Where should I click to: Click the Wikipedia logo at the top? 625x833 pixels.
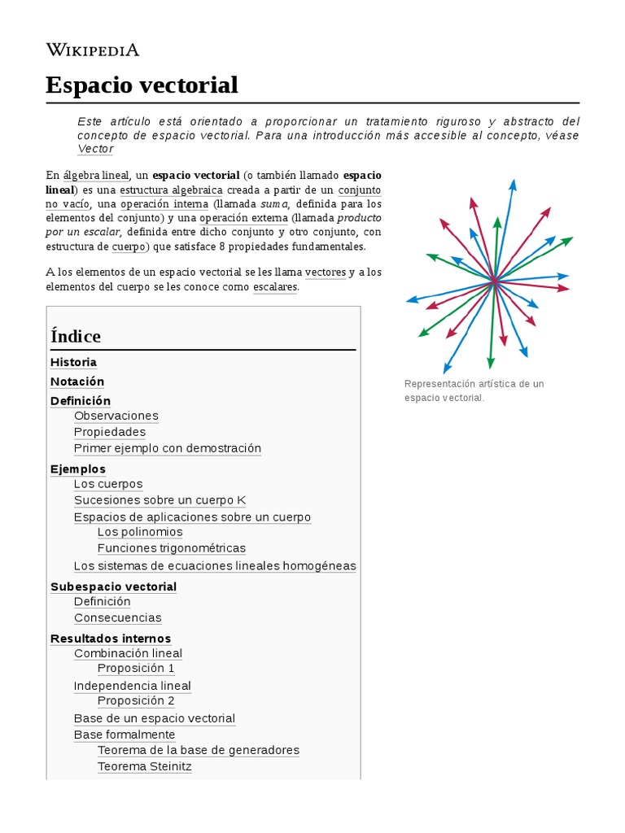[x=93, y=50]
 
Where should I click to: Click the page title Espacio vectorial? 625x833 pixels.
[x=142, y=85]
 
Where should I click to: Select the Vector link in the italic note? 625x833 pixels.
[x=95, y=149]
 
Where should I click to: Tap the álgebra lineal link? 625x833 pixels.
[x=96, y=175]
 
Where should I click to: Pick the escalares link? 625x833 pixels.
[x=275, y=287]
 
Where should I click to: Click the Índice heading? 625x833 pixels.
[x=76, y=336]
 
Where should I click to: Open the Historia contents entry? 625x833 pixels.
[x=73, y=362]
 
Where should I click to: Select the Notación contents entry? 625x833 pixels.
[x=77, y=382]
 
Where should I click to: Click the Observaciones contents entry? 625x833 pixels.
[x=116, y=416]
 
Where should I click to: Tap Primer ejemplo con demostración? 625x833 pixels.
[x=168, y=448]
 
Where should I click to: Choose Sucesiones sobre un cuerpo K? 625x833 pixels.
[x=160, y=500]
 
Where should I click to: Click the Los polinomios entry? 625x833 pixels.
[x=140, y=532]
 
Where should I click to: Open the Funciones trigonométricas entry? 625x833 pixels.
[x=171, y=548]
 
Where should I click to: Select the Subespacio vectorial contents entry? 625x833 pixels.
[x=113, y=587]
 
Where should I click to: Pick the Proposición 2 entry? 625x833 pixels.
[x=136, y=700]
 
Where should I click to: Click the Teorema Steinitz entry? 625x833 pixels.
[x=144, y=766]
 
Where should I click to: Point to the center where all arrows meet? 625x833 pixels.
[x=494, y=281]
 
